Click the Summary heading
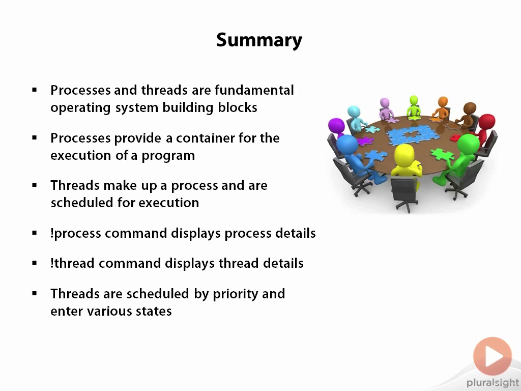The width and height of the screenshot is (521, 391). coord(259,41)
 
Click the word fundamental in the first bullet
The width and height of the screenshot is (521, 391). coord(254,90)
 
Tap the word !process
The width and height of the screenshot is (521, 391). coord(76,234)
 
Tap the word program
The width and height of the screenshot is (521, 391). coord(168,156)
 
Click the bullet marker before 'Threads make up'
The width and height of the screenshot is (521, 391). coord(35,185)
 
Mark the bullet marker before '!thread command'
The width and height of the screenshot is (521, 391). coord(35,263)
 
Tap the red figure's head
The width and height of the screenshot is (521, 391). coord(487,122)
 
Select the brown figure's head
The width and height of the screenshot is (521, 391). coord(470,108)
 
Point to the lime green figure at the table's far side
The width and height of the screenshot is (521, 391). coord(414,107)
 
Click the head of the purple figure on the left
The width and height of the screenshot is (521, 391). coord(336,126)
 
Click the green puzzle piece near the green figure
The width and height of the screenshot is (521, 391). coord(442,154)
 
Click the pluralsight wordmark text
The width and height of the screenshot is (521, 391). coord(493,383)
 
